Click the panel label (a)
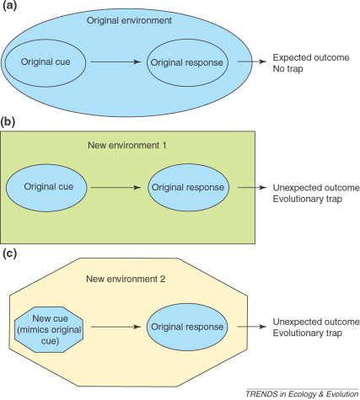coord(9,5)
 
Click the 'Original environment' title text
coord(129,20)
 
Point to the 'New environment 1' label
coord(127,145)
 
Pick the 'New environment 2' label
coord(126,279)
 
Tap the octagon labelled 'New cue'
coord(49,330)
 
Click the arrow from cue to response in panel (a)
coord(116,61)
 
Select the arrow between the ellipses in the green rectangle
coord(116,187)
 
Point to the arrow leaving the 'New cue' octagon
coord(116,327)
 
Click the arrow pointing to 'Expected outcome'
coord(252,61)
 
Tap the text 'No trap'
coord(287,69)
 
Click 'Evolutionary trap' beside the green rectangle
coord(308,199)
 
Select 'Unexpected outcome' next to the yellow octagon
coord(316,322)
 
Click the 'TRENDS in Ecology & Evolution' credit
coord(302,394)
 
